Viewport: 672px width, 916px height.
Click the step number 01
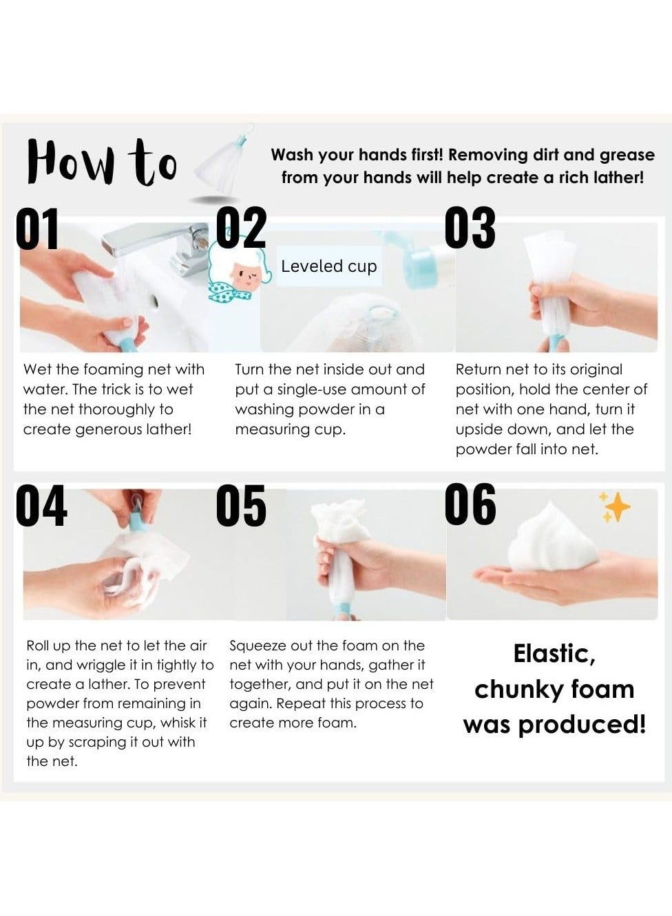point(37,228)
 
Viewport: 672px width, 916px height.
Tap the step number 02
point(241,228)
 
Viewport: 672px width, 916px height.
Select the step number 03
point(470,228)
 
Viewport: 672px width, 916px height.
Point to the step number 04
point(41,506)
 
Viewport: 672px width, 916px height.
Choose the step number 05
point(241,506)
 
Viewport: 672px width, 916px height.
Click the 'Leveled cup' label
point(328,266)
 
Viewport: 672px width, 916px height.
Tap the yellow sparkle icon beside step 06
point(614,507)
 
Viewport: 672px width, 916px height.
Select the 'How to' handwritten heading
point(102,162)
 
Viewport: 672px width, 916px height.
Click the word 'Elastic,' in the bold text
point(554,654)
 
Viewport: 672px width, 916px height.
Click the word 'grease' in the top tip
point(627,155)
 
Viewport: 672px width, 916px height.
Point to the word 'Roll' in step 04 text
point(38,646)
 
